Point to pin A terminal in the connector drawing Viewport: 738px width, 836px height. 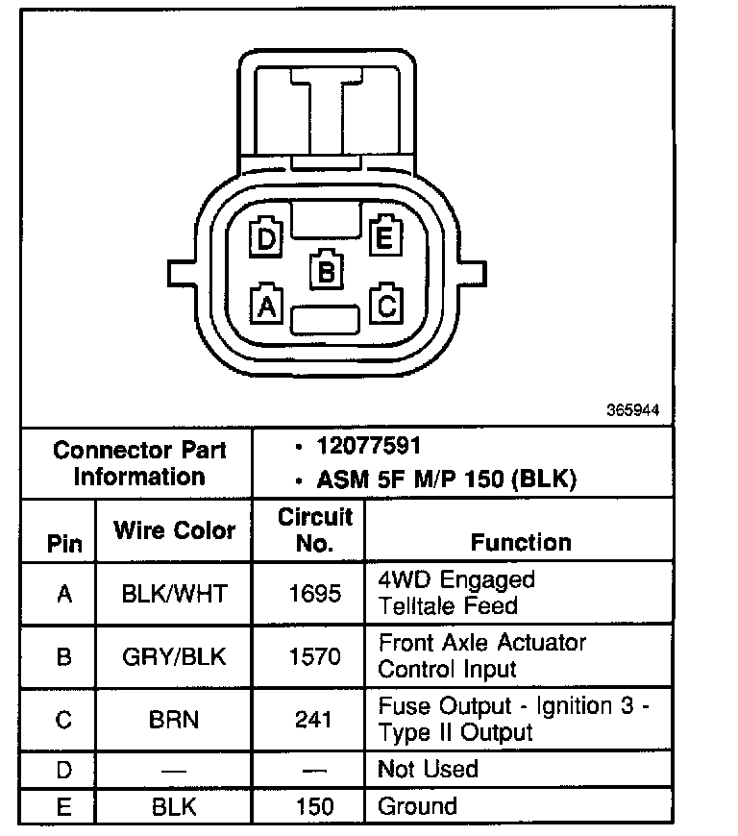266,305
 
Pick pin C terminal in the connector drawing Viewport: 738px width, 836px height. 386,305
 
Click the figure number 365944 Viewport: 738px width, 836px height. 632,409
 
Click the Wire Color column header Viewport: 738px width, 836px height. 174,529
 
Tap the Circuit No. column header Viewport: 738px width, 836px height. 315,529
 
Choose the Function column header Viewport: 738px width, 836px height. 521,542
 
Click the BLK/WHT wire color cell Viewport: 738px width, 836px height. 174,594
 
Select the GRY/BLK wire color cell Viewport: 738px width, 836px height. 174,657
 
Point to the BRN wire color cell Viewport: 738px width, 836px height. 174,720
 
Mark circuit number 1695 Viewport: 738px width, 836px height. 315,594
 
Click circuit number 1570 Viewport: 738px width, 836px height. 315,657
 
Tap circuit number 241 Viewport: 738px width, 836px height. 315,720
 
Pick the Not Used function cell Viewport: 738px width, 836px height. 428,769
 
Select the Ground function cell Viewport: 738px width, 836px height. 418,805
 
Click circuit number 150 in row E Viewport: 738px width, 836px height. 315,806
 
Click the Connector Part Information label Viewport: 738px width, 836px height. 139,463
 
